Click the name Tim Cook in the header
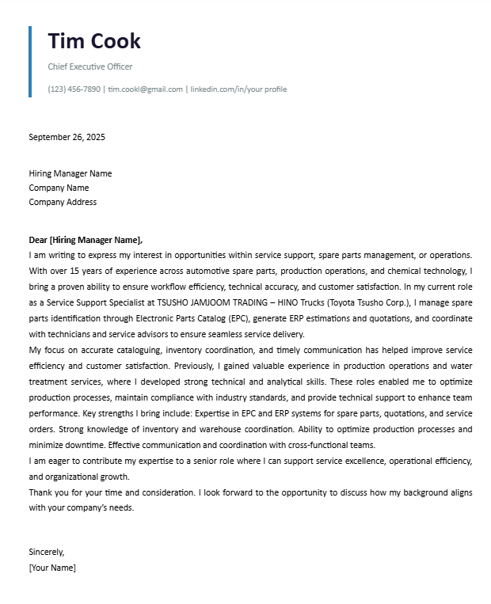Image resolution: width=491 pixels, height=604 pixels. pyautogui.click(x=94, y=41)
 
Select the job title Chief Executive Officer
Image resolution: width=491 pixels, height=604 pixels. pyautogui.click(x=89, y=66)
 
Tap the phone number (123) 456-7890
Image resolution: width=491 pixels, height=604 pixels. pyautogui.click(x=74, y=89)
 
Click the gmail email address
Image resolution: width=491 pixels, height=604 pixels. pyautogui.click(x=145, y=89)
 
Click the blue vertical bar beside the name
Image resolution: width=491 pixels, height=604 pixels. pyautogui.click(x=30, y=62)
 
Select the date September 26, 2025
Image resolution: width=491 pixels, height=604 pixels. pyautogui.click(x=67, y=137)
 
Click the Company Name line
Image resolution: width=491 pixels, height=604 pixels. pyautogui.click(x=59, y=188)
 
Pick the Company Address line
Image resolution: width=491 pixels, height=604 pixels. pyautogui.click(x=63, y=202)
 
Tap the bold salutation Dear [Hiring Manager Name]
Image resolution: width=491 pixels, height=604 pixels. pyautogui.click(x=86, y=240)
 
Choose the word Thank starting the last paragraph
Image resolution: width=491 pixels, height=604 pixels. pyautogui.click(x=41, y=492)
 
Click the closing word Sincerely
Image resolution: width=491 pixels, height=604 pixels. pyautogui.click(x=46, y=552)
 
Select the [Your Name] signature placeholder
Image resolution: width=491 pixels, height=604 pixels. pyautogui.click(x=52, y=568)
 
